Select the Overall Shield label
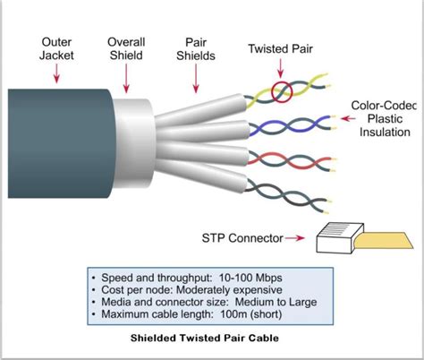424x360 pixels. [127, 48]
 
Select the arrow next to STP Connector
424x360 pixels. [300, 238]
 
